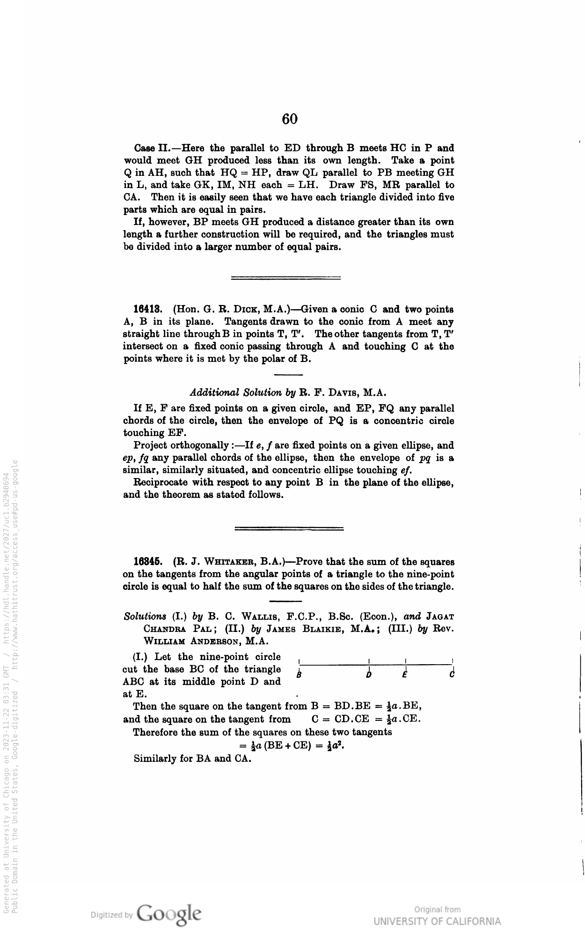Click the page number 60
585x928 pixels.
click(290, 119)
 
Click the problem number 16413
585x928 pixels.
click(148, 309)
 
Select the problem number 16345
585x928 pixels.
click(148, 561)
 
